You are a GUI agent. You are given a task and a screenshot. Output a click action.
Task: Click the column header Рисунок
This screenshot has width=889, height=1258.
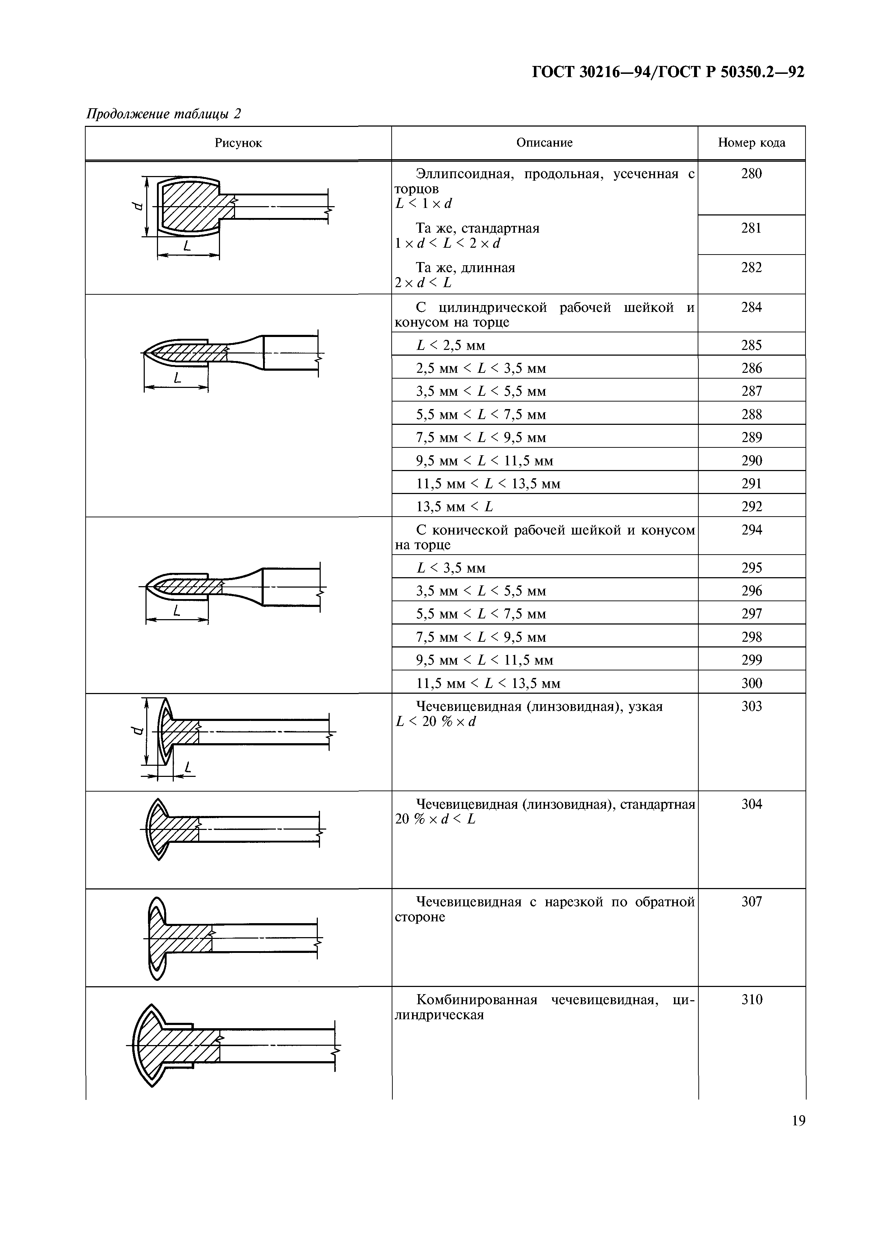238,143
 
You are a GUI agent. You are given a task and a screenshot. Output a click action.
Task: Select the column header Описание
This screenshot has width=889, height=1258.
544,143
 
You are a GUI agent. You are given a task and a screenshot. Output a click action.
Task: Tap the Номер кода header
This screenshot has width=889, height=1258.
751,143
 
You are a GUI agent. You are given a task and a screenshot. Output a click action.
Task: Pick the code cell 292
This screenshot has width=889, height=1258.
751,506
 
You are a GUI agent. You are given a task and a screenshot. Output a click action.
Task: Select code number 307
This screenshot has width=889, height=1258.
751,902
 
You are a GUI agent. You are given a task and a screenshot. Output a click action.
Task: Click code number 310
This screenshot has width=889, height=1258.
751,1000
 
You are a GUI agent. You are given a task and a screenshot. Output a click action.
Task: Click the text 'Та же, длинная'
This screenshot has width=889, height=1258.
465,268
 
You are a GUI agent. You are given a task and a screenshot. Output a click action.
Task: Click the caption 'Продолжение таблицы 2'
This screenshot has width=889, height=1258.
164,114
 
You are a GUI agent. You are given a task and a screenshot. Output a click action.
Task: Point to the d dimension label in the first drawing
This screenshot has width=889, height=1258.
138,205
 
